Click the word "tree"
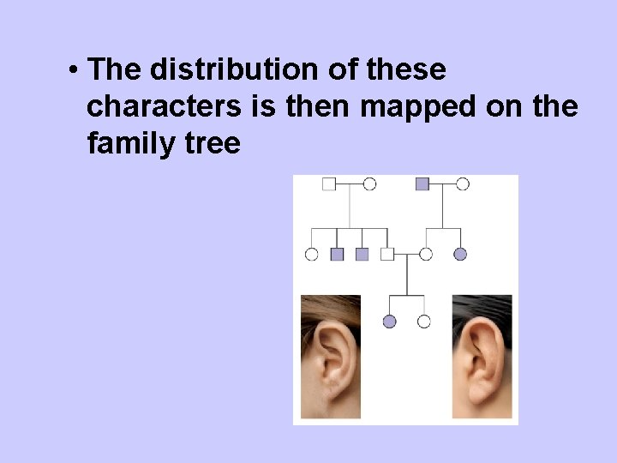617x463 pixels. click(213, 143)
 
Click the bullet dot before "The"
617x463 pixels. click(75, 69)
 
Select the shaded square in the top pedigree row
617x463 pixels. click(422, 183)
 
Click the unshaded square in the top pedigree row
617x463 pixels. click(328, 183)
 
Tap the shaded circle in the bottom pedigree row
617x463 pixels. click(390, 322)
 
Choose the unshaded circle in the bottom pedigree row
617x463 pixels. click(423, 322)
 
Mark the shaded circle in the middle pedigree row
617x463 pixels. click(460, 254)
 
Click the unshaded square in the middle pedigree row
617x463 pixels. click(387, 254)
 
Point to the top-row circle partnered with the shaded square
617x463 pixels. click(463, 183)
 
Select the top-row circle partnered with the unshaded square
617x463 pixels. click(369, 183)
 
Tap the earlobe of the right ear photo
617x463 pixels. click(480, 394)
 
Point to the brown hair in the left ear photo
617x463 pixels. click(330, 305)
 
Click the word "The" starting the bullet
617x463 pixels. click(108, 69)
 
